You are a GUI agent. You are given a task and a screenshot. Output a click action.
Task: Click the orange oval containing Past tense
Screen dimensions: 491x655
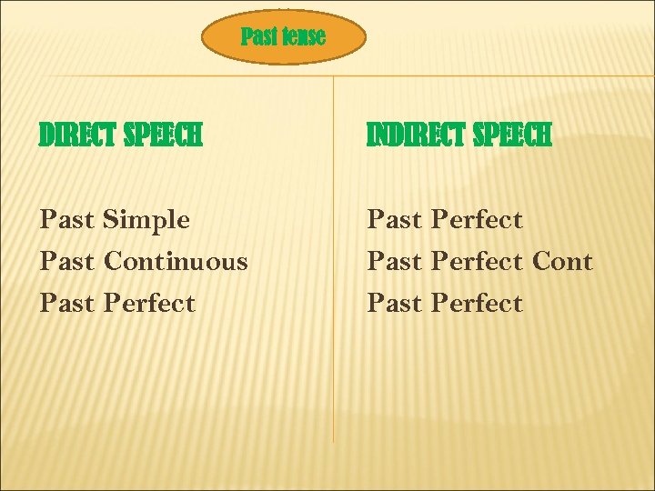[284, 37]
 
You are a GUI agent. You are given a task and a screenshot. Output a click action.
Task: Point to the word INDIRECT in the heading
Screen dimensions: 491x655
[417, 136]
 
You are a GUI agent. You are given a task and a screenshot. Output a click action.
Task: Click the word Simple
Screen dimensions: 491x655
[146, 220]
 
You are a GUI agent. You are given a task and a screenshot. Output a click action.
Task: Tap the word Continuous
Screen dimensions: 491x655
[176, 262]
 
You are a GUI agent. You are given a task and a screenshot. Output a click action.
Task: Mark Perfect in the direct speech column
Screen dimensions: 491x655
[149, 304]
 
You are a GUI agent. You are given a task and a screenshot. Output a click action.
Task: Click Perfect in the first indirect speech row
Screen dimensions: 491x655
[477, 220]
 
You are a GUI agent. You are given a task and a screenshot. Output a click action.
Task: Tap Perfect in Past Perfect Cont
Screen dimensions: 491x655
[477, 262]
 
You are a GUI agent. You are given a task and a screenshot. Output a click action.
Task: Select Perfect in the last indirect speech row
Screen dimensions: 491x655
[477, 304]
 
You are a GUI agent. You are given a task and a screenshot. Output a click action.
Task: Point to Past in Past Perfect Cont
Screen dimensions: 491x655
[394, 262]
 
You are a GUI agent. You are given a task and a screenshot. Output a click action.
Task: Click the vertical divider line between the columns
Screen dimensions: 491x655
[334, 364]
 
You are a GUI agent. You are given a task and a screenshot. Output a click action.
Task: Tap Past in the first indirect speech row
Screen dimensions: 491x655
[394, 220]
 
